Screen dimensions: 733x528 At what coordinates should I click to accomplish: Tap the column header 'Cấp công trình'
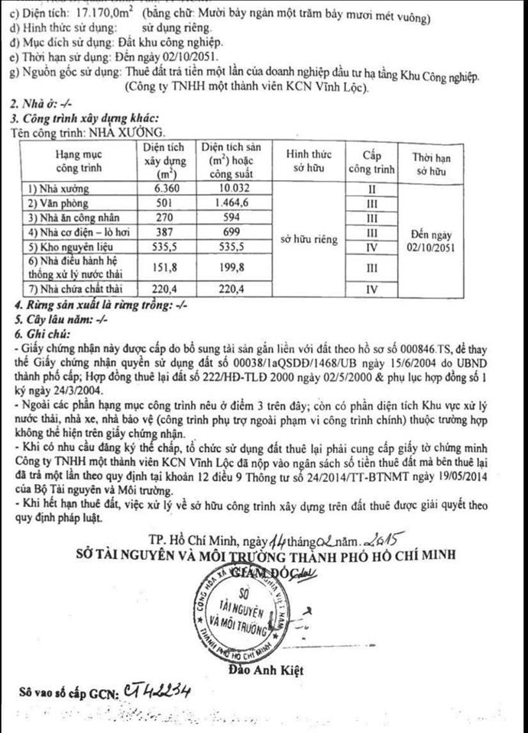(371, 161)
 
